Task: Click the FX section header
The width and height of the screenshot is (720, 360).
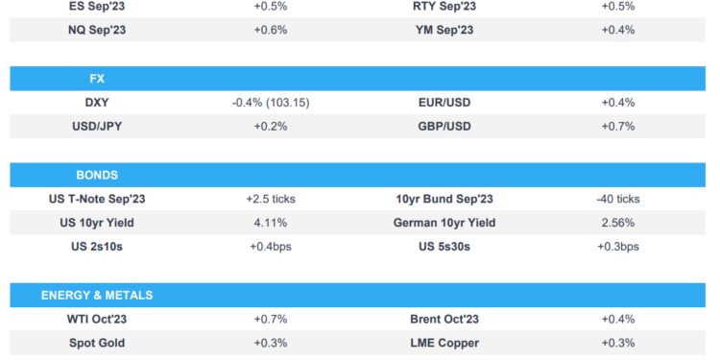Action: [x=97, y=78]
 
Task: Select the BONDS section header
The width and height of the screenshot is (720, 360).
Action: [x=97, y=175]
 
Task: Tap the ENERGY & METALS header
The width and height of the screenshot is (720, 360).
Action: [x=97, y=295]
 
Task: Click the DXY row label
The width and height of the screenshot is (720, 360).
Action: [x=97, y=102]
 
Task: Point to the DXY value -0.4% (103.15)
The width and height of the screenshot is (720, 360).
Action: [x=271, y=102]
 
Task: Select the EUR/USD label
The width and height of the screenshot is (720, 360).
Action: [x=444, y=102]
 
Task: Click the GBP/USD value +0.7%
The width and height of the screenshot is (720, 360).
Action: [x=617, y=126]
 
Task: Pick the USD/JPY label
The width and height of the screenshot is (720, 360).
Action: [x=97, y=126]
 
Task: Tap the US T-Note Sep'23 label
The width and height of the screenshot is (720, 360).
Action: [x=97, y=199]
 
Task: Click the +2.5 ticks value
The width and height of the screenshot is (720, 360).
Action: [x=271, y=199]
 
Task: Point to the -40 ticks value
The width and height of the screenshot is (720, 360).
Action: [x=617, y=199]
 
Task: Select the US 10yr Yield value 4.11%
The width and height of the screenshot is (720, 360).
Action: [x=271, y=223]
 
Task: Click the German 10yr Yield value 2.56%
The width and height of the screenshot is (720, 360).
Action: [x=617, y=223]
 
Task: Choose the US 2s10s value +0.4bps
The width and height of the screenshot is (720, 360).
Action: [x=271, y=247]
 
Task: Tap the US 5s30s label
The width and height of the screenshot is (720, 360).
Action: [x=444, y=247]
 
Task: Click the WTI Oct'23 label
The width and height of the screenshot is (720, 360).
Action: [x=97, y=319]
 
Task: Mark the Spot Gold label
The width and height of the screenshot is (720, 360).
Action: [x=97, y=343]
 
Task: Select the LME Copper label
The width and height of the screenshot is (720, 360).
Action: [x=444, y=343]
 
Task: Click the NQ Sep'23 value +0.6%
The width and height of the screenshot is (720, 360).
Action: [x=271, y=29]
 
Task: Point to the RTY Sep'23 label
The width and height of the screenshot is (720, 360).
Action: [x=444, y=6]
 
